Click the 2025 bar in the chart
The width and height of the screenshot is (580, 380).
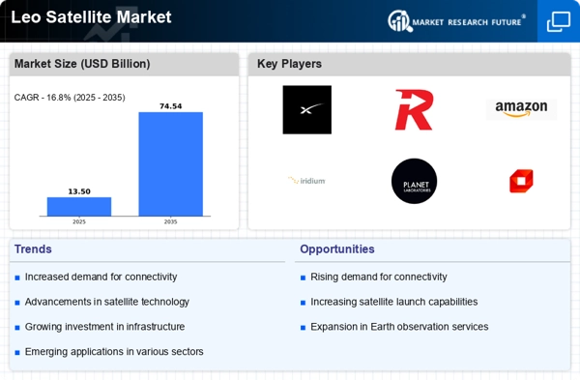(x=79, y=207)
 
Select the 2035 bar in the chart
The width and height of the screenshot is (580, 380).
(x=170, y=164)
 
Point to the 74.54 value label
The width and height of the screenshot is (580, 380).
(x=170, y=106)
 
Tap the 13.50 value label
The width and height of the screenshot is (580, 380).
(x=79, y=191)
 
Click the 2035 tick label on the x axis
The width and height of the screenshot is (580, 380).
(x=170, y=222)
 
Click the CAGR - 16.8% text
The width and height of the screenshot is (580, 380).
(x=43, y=98)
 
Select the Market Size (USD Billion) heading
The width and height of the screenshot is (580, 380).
(x=82, y=64)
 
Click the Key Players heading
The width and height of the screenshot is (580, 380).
(x=289, y=64)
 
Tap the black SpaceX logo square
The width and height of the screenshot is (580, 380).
(x=307, y=109)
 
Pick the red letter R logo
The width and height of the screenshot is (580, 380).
(x=414, y=110)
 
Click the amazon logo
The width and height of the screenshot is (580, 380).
(x=521, y=109)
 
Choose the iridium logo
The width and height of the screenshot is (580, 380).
(x=306, y=181)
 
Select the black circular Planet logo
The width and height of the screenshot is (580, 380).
(x=414, y=181)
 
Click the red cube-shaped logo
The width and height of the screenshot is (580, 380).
(x=521, y=181)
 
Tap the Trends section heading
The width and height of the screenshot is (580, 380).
(x=33, y=249)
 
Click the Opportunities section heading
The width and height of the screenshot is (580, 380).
(x=337, y=249)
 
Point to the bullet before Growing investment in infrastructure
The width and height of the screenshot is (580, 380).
(x=17, y=328)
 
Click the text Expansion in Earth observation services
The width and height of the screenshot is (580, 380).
(x=399, y=327)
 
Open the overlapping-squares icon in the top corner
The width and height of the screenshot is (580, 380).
(x=559, y=21)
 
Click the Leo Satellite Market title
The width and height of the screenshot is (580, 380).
(x=91, y=17)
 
